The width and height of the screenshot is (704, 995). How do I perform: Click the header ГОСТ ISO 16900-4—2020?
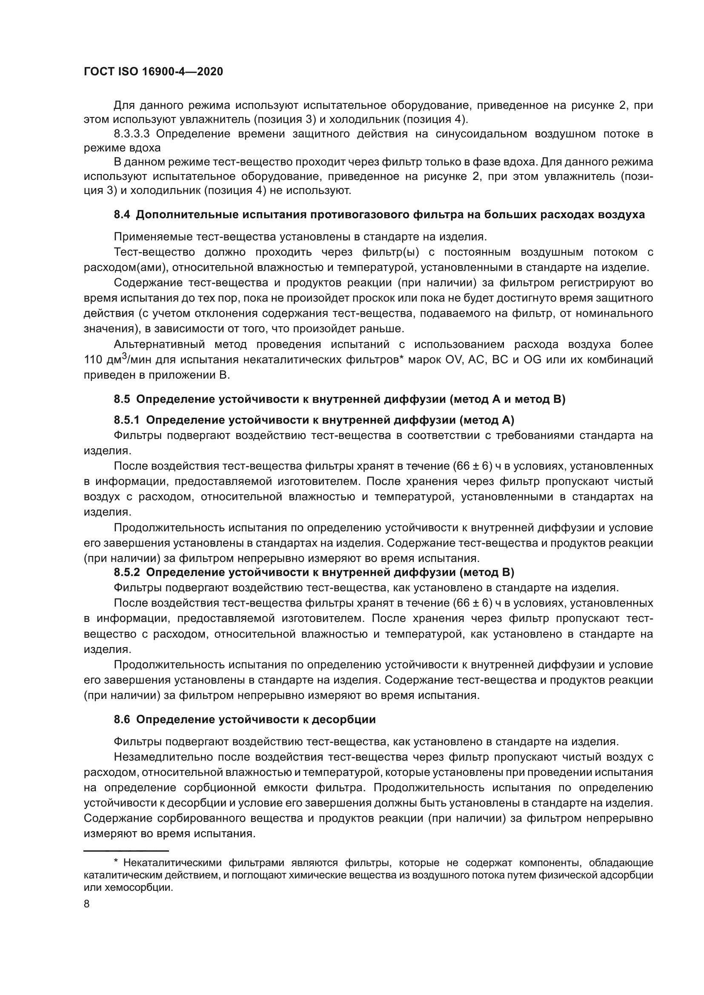pyautogui.click(x=153, y=72)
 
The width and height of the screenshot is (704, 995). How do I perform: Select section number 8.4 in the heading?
pyautogui.click(x=121, y=215)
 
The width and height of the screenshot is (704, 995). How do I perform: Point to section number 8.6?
pyautogui.click(x=121, y=720)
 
